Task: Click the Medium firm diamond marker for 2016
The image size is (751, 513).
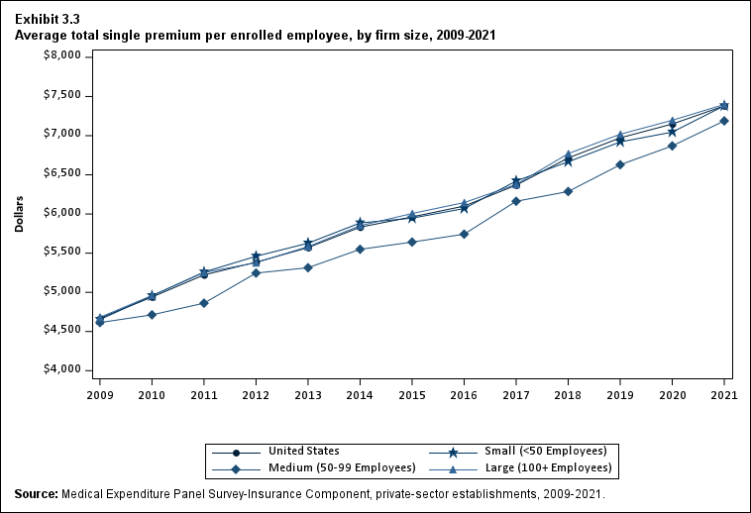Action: [x=464, y=234]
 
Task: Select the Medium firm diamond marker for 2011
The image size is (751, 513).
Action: [x=204, y=303]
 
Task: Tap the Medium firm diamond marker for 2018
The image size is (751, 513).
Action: [x=568, y=191]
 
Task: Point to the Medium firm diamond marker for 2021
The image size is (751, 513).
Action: [x=724, y=121]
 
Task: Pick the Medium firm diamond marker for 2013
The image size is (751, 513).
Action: [x=308, y=267]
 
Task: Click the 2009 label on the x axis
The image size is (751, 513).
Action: [x=99, y=394]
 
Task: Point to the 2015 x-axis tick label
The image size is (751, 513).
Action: [x=412, y=394]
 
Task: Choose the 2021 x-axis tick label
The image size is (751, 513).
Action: [x=724, y=394]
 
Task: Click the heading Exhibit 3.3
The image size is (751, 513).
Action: [x=48, y=19]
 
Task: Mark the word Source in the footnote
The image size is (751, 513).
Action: [x=36, y=493]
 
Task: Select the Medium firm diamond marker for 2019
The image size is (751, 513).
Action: [x=620, y=164]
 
